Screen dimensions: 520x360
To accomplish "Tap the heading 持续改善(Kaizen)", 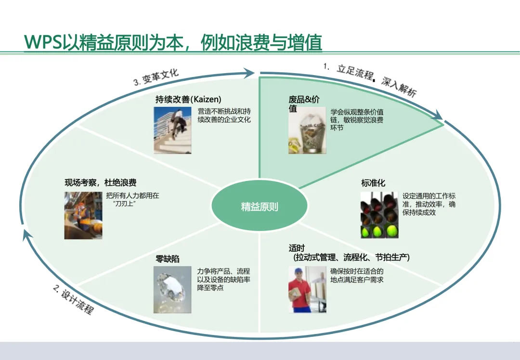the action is click(x=188, y=99).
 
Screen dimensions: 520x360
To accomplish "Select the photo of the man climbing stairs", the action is click(x=172, y=130).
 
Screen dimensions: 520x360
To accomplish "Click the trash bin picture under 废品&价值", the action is click(x=307, y=130).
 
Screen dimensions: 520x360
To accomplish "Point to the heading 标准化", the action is click(x=373, y=183).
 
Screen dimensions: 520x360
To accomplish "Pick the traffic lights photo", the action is click(x=379, y=215).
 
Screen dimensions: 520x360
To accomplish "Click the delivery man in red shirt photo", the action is click(x=307, y=289).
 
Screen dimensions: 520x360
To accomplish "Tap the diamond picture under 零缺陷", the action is click(x=172, y=289).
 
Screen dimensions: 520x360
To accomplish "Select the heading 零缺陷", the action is click(x=168, y=259).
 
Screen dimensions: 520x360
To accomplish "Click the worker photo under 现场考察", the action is click(x=83, y=215).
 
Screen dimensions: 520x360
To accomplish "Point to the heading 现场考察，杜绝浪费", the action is click(x=101, y=183).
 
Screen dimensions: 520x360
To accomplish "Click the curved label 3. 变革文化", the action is click(x=156, y=77).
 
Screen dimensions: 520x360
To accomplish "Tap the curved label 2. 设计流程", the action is click(x=73, y=299).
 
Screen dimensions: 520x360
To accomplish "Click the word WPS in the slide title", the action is click(x=43, y=42).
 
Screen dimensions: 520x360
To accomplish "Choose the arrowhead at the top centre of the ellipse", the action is click(x=249, y=73).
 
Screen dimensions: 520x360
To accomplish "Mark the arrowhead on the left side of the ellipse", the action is click(x=26, y=236).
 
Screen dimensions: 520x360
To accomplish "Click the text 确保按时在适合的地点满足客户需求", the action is click(x=357, y=275).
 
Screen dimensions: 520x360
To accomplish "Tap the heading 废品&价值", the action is click(x=304, y=104).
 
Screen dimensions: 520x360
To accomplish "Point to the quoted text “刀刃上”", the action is click(x=125, y=204).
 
